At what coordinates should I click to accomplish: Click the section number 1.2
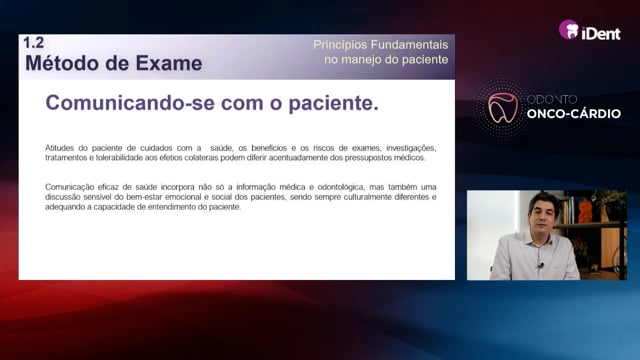(33, 42)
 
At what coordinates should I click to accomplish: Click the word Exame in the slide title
(169, 63)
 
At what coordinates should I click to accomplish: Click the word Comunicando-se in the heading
(130, 102)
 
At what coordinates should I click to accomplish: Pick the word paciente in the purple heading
(333, 103)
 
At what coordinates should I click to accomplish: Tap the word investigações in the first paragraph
(411, 148)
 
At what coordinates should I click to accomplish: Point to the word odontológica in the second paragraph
(341, 187)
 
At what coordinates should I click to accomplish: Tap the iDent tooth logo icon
(569, 30)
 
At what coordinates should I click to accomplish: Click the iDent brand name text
(601, 33)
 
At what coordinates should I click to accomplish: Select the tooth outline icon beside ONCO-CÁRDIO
(503, 108)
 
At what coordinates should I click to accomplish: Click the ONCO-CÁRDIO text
(573, 113)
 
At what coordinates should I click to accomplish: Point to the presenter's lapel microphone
(540, 265)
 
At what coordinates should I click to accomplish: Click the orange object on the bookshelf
(585, 211)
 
